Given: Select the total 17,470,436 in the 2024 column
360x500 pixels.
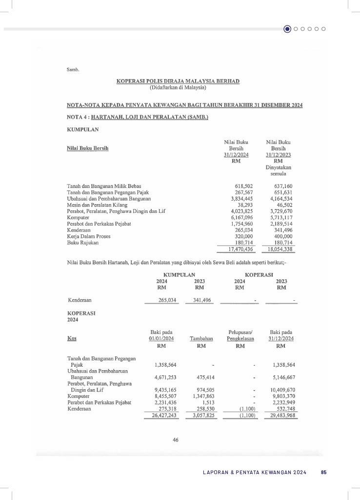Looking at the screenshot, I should [239, 249].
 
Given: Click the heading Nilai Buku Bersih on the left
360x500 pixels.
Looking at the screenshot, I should [87, 148].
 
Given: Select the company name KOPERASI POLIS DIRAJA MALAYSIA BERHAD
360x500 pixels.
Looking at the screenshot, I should [178, 81].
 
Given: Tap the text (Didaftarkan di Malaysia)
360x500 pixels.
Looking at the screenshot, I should [178, 87].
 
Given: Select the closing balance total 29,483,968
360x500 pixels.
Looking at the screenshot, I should [280, 416].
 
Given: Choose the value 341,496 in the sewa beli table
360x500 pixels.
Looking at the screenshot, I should [199, 300].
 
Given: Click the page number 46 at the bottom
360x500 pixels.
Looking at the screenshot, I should [176, 440].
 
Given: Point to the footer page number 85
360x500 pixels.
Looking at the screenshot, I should [323, 472].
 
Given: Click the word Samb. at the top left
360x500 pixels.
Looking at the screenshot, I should [73, 69].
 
